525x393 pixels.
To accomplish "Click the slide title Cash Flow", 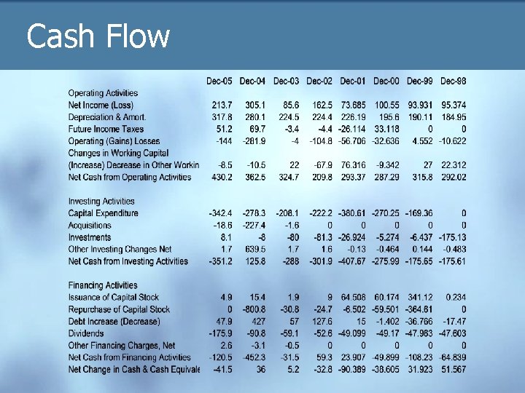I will click(98, 36).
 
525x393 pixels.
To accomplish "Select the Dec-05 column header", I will click(219, 80).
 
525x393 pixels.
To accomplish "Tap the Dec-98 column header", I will click(454, 80).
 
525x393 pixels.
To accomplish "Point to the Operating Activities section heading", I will click(103, 93).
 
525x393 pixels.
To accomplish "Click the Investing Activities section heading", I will click(101, 201).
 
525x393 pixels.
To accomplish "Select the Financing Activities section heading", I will click(102, 285).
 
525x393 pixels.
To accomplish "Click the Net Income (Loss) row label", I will click(101, 106).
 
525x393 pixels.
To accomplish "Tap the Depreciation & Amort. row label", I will click(107, 117).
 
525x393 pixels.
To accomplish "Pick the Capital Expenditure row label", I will click(103, 213).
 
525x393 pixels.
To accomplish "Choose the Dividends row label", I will click(86, 333).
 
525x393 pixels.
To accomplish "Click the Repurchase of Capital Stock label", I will click(119, 309).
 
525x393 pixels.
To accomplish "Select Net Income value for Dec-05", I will click(222, 106).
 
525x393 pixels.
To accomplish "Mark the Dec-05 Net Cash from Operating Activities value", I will click(222, 177).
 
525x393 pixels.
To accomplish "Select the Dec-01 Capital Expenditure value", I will click(352, 213).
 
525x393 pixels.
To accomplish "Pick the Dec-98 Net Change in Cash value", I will click(454, 369).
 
